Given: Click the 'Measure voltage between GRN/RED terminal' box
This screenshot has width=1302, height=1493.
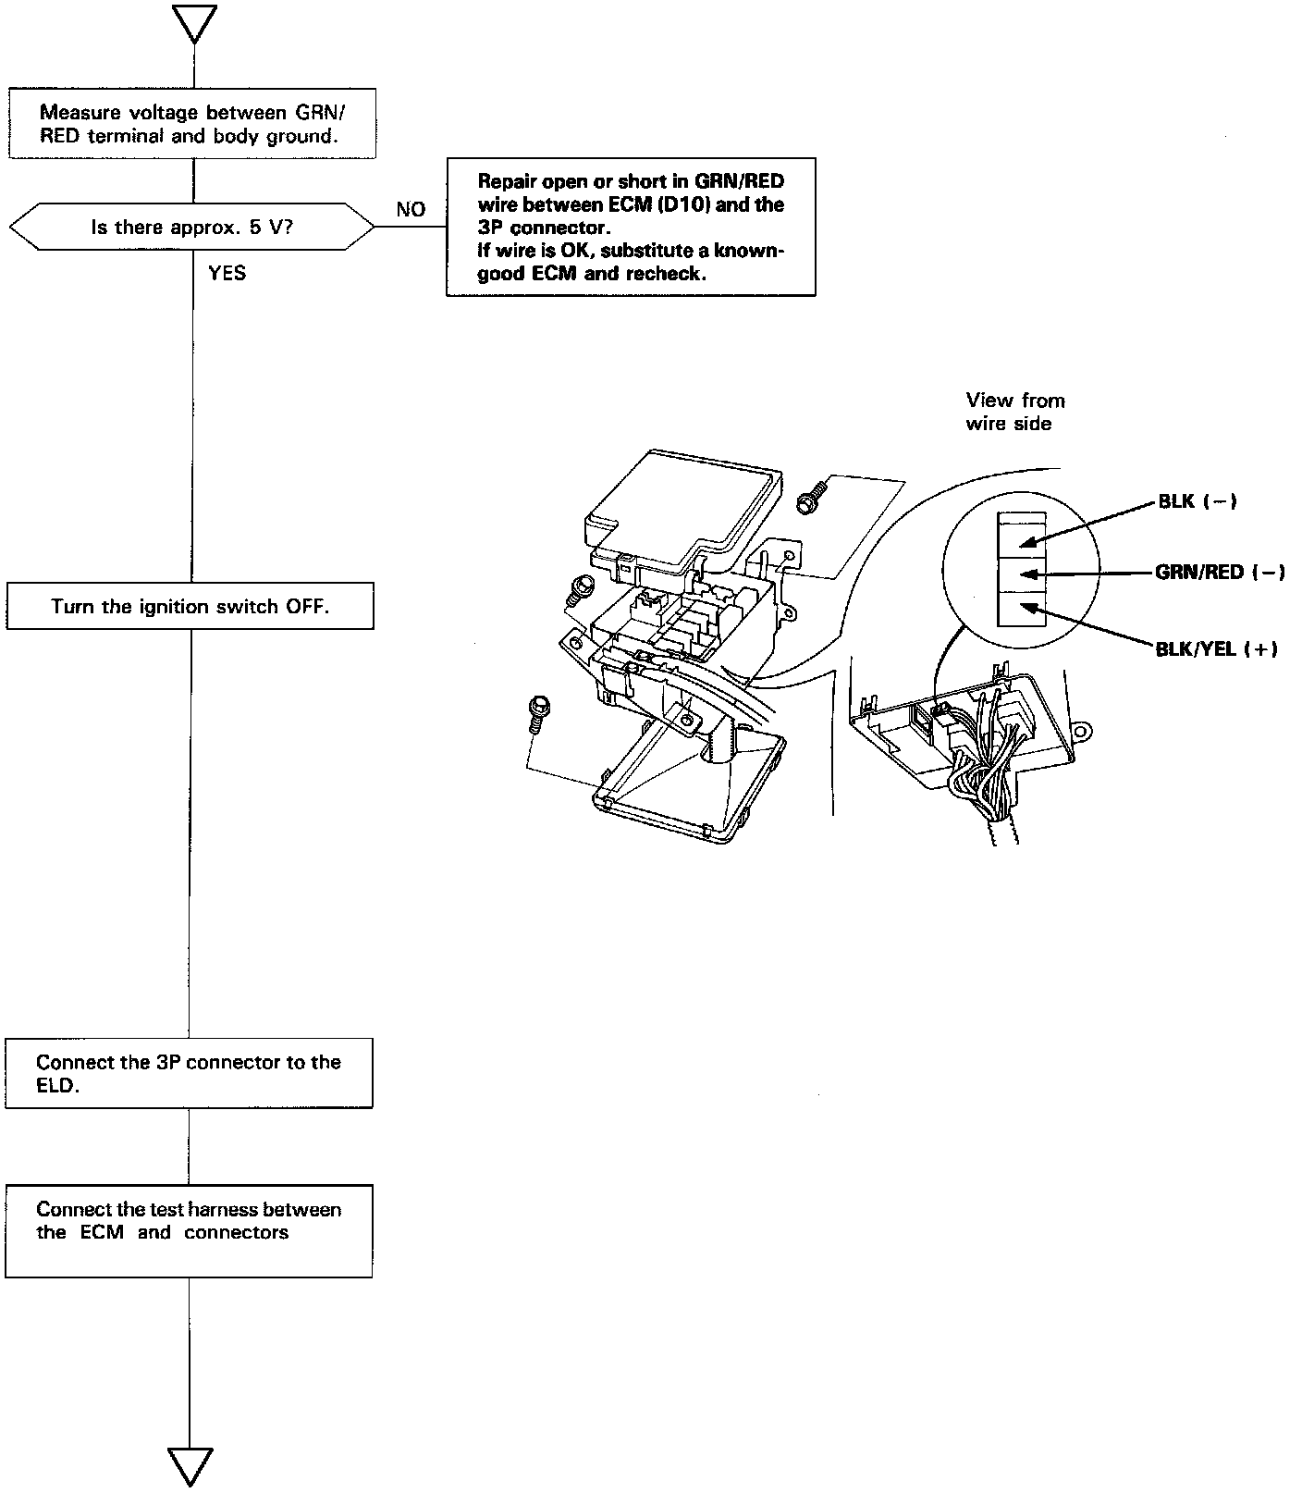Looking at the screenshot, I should click(x=192, y=124).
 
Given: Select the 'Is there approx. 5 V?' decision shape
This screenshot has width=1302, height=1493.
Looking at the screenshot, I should click(x=192, y=227).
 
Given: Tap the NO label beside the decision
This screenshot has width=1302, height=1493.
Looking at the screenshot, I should click(x=411, y=210).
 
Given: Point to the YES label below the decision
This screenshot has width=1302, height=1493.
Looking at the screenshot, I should click(x=227, y=274).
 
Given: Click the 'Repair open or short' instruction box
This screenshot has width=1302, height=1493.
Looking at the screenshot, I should click(x=631, y=228).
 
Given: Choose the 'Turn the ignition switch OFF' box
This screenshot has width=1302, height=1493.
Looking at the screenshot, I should click(x=190, y=607).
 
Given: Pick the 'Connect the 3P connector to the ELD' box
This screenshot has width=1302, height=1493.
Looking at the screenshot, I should click(x=189, y=1073).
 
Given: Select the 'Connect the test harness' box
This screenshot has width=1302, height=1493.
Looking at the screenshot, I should click(x=189, y=1230).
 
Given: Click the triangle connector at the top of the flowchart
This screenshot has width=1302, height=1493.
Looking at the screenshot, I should click(x=194, y=23).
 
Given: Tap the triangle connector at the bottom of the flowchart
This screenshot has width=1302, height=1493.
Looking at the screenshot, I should click(x=190, y=1467).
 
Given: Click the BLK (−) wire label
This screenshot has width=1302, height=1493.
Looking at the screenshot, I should click(x=1198, y=501).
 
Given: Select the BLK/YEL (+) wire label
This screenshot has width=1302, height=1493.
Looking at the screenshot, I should click(x=1216, y=648).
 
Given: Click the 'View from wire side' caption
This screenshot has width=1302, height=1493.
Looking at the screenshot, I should click(x=1014, y=412).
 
